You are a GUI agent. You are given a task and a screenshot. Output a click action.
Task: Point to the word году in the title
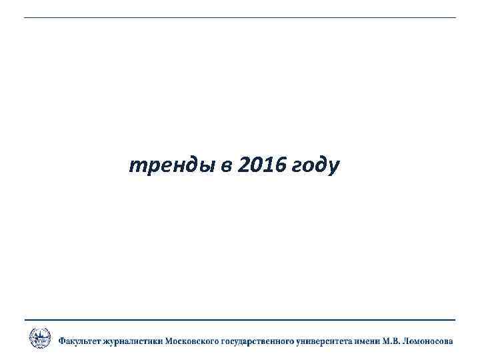point(315,166)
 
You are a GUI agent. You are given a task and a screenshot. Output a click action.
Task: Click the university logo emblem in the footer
point(39,338)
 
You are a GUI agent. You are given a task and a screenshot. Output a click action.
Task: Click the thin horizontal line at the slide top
point(240,17)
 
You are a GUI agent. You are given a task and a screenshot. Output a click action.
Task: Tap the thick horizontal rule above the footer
point(240,320)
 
